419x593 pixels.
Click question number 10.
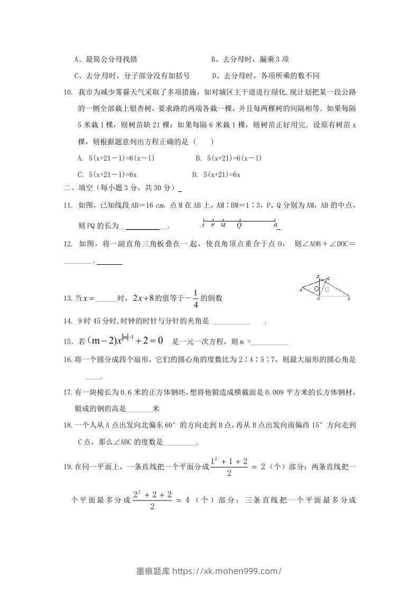pyautogui.click(x=67, y=92)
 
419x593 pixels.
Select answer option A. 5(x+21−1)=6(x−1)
pyautogui.click(x=116, y=158)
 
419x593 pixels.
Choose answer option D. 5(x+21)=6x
pyautogui.click(x=217, y=174)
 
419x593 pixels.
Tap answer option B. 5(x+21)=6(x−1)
pyautogui.click(x=229, y=158)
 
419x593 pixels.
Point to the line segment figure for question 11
pyautogui.click(x=240, y=224)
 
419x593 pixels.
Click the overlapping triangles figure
pyautogui.click(x=324, y=289)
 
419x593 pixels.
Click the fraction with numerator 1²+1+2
pyautogui.click(x=229, y=467)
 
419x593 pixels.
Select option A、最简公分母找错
pyautogui.click(x=108, y=59)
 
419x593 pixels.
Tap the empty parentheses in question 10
pyautogui.click(x=204, y=142)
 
